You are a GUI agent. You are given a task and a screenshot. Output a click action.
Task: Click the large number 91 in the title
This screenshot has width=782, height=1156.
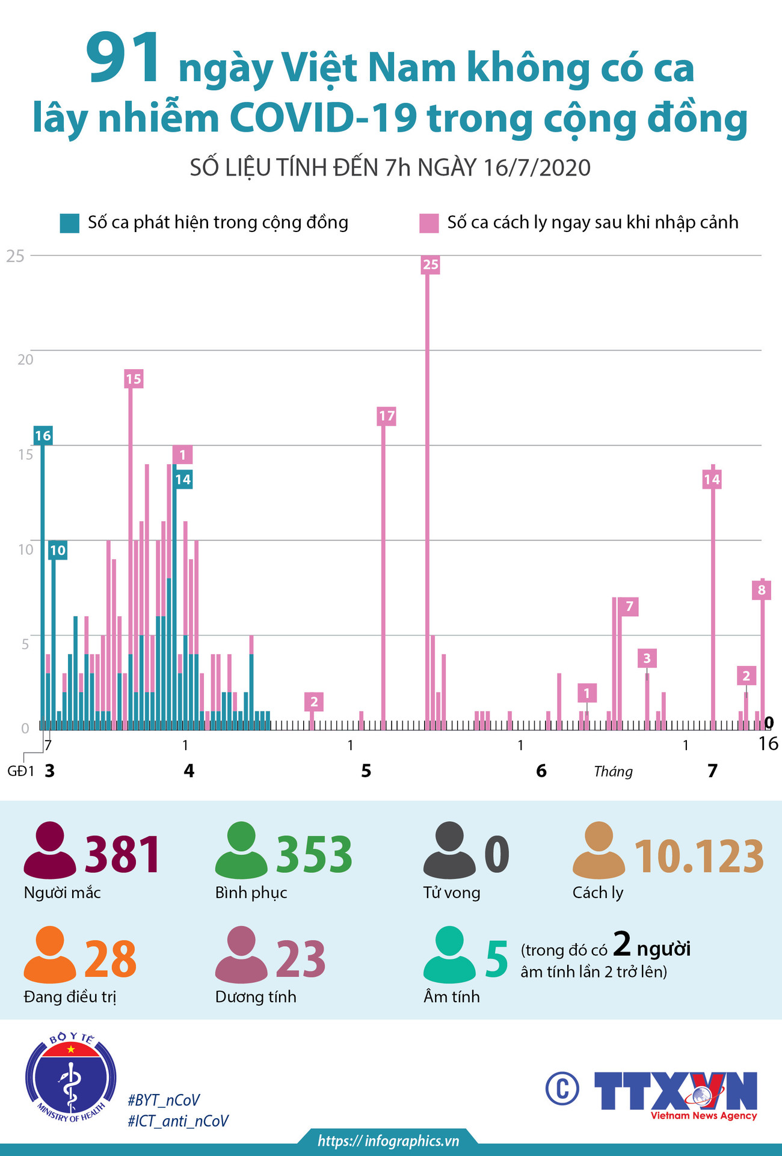[x=123, y=59]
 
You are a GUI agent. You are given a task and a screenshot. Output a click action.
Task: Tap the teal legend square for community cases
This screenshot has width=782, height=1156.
[x=69, y=223]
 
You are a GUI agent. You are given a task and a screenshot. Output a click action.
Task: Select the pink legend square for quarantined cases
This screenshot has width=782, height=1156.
[x=429, y=223]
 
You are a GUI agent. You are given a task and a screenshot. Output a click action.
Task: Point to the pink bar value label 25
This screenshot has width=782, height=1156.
[x=431, y=265]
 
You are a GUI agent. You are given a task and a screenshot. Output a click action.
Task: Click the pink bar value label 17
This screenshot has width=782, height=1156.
[x=387, y=416]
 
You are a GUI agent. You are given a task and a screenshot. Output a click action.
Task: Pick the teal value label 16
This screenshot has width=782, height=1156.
[x=43, y=436]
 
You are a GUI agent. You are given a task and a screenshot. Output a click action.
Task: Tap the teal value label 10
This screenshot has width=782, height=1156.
[x=58, y=550]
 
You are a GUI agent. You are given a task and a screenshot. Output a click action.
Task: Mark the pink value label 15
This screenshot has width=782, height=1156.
[x=134, y=379]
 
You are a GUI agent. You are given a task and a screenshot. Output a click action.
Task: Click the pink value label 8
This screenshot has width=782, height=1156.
[x=762, y=590]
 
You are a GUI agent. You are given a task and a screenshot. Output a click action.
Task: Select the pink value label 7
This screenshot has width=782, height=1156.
[x=629, y=607]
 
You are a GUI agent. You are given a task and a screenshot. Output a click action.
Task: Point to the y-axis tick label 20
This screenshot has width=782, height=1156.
[x=25, y=359]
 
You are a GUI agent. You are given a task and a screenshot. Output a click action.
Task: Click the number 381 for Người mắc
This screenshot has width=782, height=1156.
[x=123, y=854]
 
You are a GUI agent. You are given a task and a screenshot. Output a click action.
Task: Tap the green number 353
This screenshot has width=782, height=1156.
[x=314, y=854]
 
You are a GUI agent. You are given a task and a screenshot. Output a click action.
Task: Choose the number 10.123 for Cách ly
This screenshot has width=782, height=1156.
[x=699, y=856]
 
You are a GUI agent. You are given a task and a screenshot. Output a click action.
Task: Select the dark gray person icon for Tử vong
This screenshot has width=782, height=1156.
[x=449, y=850]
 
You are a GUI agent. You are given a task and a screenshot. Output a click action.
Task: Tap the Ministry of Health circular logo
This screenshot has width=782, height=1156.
[x=71, y=1079]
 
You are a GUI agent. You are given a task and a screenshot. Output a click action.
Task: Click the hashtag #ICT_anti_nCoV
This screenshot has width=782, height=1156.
[x=178, y=1121]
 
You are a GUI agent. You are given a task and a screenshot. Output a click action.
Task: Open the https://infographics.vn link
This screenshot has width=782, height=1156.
[x=389, y=1141]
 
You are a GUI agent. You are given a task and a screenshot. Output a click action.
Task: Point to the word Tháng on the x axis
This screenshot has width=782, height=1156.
[x=613, y=771]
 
